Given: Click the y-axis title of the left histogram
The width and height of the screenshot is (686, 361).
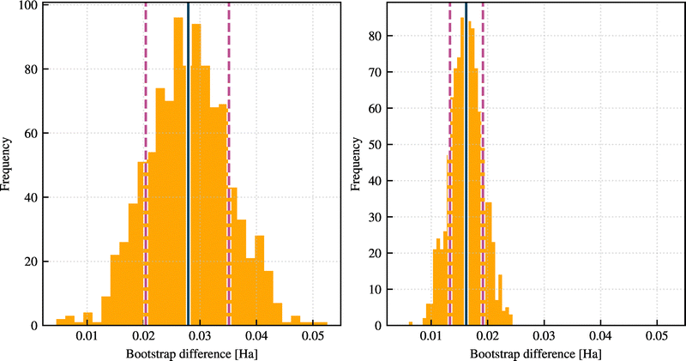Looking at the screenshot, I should (8, 163).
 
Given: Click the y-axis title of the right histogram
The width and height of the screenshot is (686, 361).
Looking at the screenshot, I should (353, 163).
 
